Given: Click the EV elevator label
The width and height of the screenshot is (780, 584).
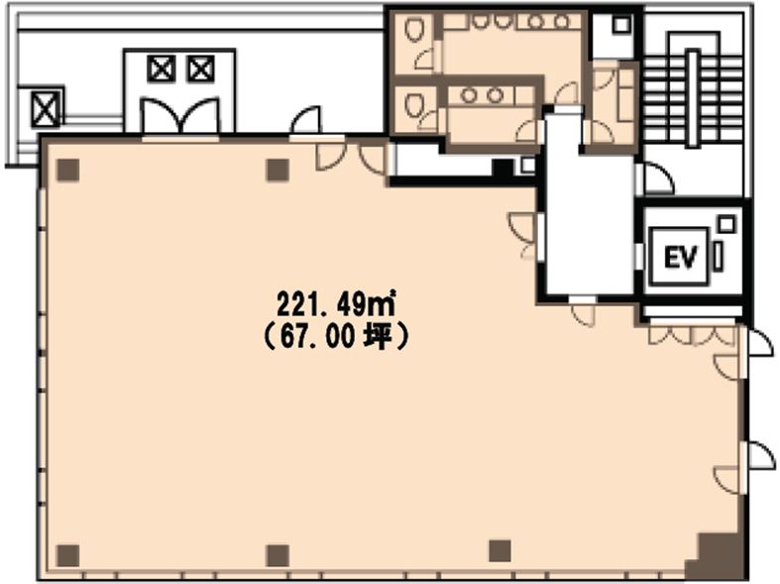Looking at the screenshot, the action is click(x=680, y=257).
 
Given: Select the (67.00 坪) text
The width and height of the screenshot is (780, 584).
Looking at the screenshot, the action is click(x=336, y=337).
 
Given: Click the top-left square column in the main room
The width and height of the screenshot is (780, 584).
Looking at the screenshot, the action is click(x=68, y=170).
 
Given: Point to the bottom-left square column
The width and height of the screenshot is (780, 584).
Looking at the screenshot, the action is click(x=68, y=555).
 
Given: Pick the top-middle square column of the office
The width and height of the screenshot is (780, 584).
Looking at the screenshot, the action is click(x=279, y=170).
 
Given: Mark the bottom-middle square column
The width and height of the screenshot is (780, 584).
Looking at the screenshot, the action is click(x=278, y=555).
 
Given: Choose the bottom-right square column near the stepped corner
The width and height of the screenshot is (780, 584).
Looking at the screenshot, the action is click(x=500, y=551).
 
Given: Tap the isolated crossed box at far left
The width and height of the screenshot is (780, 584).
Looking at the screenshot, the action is click(x=46, y=109).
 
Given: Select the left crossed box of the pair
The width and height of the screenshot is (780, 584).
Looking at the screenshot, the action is click(x=162, y=68).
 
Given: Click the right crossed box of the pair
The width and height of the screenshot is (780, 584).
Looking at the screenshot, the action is click(x=200, y=68).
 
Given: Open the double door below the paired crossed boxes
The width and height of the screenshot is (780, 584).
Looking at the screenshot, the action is click(x=180, y=117).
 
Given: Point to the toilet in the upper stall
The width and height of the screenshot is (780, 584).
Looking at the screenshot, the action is click(x=413, y=29).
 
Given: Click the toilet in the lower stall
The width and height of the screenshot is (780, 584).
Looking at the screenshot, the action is click(x=412, y=104).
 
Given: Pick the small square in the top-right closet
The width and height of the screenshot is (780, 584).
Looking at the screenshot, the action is click(x=621, y=25).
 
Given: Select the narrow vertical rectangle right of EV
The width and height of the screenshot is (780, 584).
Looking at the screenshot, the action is click(x=718, y=256).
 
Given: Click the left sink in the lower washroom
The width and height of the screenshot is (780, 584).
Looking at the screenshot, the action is click(x=469, y=95).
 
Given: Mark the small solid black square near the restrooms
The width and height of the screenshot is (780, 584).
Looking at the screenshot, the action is click(x=502, y=168).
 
